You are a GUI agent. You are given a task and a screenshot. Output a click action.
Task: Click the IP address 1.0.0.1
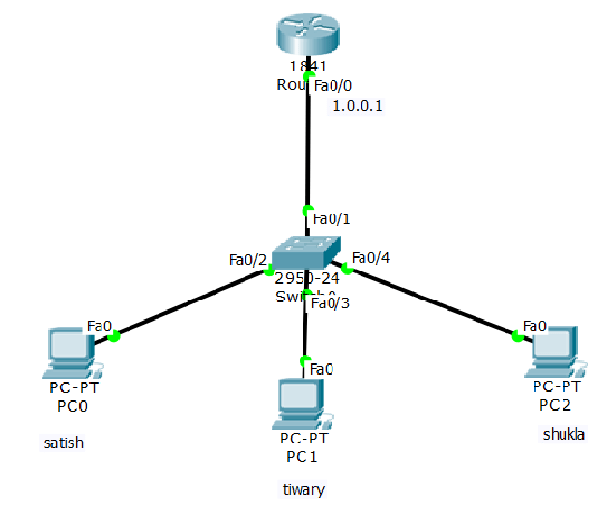[358, 106]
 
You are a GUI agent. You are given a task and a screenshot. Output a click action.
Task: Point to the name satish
[64, 443]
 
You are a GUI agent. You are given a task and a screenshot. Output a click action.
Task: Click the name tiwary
[303, 490]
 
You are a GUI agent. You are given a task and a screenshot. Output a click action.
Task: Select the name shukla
[563, 435]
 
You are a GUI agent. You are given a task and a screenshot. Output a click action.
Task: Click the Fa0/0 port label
[333, 86]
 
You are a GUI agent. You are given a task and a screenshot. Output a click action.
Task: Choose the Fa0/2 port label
[246, 259]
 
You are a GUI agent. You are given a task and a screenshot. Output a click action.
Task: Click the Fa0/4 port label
[370, 258]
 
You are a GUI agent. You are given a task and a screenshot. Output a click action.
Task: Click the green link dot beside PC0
[114, 336]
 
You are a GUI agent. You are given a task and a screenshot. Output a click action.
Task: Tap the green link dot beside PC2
[517, 336]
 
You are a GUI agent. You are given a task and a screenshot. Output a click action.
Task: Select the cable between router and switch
[307, 145]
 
